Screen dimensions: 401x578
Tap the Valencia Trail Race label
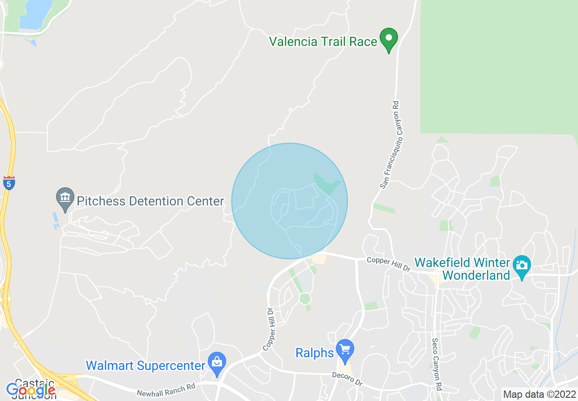(x=323, y=42)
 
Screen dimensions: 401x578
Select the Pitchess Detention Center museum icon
(x=65, y=198)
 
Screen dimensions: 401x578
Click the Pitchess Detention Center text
(x=150, y=201)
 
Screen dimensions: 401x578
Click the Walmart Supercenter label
(x=146, y=365)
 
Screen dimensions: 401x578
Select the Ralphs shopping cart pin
(x=345, y=350)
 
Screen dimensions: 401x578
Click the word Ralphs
(x=315, y=353)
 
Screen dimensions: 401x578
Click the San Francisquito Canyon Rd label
(x=390, y=145)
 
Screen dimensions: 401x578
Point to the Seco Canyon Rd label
(x=437, y=365)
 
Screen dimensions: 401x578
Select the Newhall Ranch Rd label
(x=166, y=390)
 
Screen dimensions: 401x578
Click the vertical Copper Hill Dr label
(x=268, y=329)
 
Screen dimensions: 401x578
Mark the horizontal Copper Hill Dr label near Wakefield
(x=389, y=264)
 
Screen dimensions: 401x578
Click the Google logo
(x=31, y=390)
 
